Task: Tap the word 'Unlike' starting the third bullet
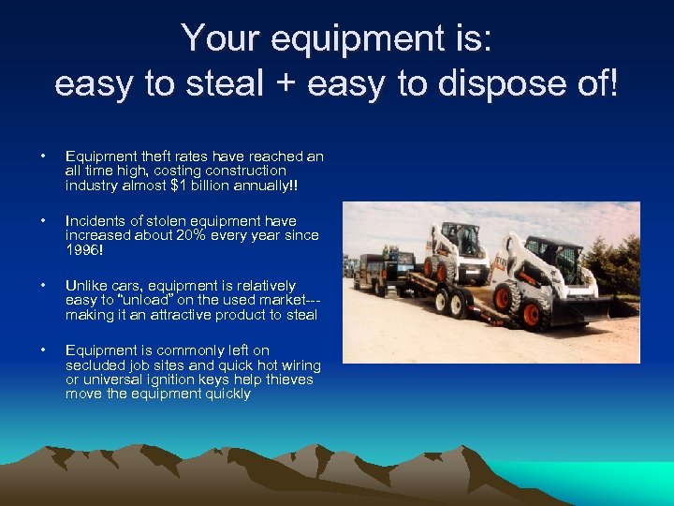tap(86, 285)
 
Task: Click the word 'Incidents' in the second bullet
tap(94, 221)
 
